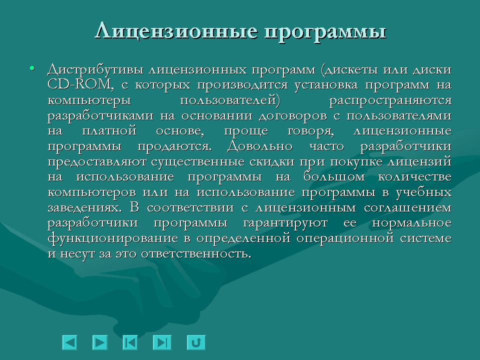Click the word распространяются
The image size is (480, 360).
point(390,100)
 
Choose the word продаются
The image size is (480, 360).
point(174,147)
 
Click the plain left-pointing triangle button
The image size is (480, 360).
point(69,342)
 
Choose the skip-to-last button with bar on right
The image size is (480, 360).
point(161,342)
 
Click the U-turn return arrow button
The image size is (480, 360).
point(196,342)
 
